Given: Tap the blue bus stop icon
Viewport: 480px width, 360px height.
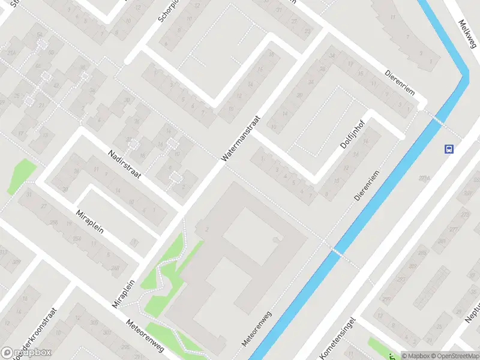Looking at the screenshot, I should [x=448, y=149].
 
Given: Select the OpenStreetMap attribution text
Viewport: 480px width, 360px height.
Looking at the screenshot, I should [x=455, y=356].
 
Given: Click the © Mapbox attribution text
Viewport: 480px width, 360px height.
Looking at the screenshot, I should [x=415, y=356].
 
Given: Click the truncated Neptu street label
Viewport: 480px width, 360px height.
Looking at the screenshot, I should [x=472, y=312].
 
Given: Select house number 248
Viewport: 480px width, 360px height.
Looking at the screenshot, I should [x=116, y=268].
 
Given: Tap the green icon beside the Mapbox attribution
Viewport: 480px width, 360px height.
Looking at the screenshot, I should [x=393, y=355].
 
